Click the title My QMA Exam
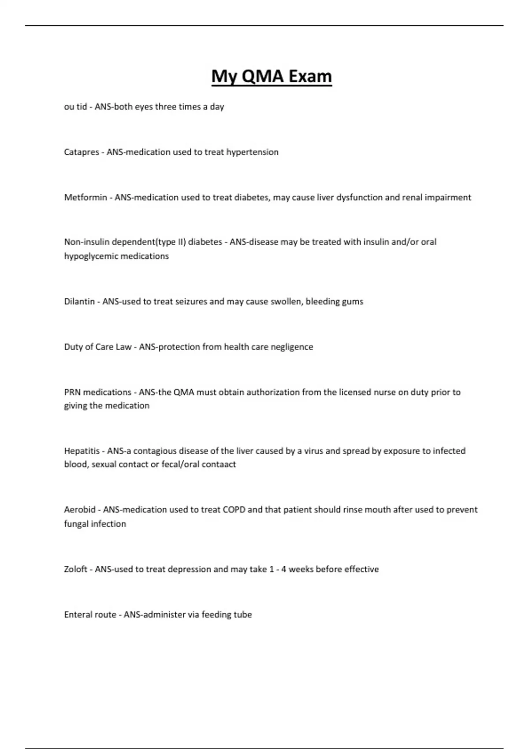[272, 76]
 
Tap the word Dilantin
[79, 302]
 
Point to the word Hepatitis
[82, 451]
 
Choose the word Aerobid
[80, 510]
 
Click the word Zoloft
[76, 569]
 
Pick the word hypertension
[252, 152]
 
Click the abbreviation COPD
[234, 510]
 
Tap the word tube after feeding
[243, 615]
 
